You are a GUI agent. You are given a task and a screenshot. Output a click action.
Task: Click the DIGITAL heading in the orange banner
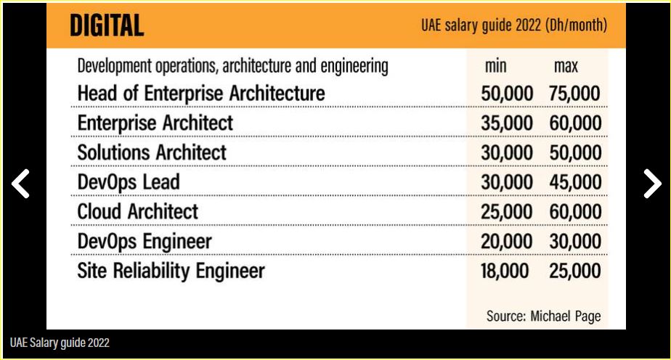click(107, 25)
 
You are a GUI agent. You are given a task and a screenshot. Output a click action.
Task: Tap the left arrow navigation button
click(20, 184)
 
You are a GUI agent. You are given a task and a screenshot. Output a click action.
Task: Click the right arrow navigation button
click(651, 184)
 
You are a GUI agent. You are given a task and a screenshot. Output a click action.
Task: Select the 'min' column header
click(495, 67)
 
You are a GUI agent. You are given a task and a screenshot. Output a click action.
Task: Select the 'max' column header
click(566, 67)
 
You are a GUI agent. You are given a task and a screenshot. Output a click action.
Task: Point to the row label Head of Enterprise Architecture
click(200, 93)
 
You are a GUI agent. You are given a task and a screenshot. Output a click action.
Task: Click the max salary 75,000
click(575, 94)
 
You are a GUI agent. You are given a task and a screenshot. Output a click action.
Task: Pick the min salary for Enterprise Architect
click(506, 123)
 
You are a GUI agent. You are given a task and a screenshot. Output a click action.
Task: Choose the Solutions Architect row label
click(152, 152)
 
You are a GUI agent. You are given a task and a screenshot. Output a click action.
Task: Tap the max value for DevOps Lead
click(575, 182)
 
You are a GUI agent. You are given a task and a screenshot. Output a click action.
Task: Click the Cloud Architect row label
click(137, 211)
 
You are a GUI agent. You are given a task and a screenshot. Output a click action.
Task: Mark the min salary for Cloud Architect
click(506, 212)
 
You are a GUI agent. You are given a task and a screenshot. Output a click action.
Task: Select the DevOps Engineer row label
click(145, 241)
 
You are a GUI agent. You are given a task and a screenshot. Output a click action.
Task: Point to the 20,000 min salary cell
click(506, 242)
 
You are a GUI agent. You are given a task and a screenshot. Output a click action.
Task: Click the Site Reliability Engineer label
click(171, 271)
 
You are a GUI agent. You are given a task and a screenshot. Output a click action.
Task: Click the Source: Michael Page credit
click(544, 316)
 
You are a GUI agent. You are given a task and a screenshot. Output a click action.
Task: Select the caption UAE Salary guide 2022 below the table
click(60, 343)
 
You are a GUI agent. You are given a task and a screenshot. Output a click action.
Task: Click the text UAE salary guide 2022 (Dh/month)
click(513, 25)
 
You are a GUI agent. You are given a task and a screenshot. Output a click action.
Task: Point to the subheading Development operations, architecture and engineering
click(232, 66)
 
